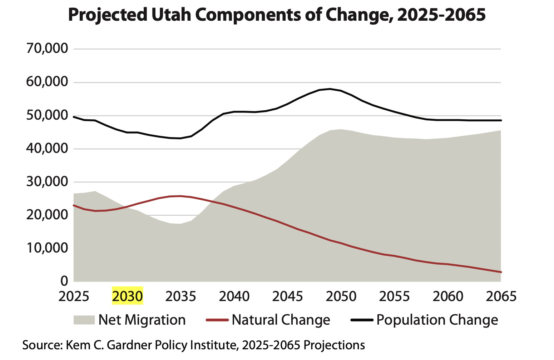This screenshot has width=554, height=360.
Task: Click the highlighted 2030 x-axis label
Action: [128, 296]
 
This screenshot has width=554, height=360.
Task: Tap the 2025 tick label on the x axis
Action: [74, 296]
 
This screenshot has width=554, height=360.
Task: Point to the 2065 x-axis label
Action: [501, 296]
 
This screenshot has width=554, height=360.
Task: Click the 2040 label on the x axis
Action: [234, 296]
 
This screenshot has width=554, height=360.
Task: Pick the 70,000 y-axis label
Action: [47, 49]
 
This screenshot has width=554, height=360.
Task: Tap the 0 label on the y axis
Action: [64, 281]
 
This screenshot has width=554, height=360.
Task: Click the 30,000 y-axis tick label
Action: [47, 182]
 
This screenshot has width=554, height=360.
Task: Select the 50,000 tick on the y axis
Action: [47, 115]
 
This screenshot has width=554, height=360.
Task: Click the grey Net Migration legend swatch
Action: [84, 320]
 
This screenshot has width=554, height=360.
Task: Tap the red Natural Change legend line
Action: [217, 320]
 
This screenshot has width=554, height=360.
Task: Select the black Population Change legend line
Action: [362, 320]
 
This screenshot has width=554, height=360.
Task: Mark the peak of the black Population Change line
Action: [330, 89]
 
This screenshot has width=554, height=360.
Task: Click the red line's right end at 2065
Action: [501, 272]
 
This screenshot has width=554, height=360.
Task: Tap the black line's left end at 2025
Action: [74, 117]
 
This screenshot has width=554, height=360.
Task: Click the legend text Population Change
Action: [437, 320]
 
